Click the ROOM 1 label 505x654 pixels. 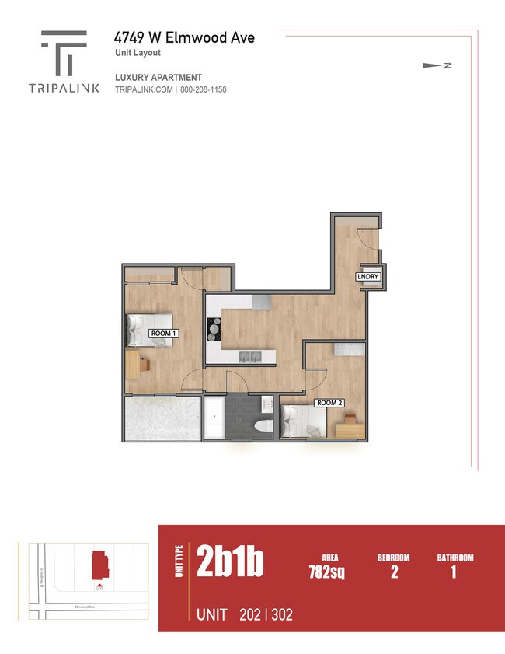click(164, 334)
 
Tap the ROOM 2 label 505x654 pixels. click(329, 403)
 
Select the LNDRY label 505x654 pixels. click(367, 277)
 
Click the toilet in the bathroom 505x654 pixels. click(263, 425)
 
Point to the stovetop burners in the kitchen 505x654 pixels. click(214, 331)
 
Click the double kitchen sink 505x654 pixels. click(249, 358)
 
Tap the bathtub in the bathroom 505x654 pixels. click(214, 418)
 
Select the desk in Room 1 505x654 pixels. click(134, 364)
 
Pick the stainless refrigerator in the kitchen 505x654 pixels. click(262, 300)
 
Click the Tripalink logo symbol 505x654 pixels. click(64, 53)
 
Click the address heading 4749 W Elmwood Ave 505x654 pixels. click(184, 37)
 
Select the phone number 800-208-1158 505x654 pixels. click(203, 89)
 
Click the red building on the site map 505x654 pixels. click(99, 565)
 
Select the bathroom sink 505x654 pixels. click(266, 404)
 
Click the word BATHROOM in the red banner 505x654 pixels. click(454, 558)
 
